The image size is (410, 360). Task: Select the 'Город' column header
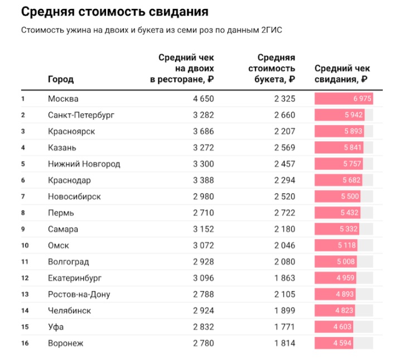[x=61, y=79]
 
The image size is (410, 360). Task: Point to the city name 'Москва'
[x=64, y=99]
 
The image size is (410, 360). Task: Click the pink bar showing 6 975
[x=344, y=99]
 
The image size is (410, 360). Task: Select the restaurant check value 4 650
[x=203, y=99]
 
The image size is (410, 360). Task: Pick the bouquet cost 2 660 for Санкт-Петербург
[x=284, y=115]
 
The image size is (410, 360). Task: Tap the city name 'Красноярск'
[x=71, y=131]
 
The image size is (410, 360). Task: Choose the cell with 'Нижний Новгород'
[x=84, y=164]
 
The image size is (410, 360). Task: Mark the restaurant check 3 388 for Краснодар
[x=203, y=180]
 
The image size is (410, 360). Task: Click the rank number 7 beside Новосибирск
[x=23, y=196]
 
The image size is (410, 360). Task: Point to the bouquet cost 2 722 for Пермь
[x=284, y=213]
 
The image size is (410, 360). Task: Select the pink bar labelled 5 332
[x=336, y=229]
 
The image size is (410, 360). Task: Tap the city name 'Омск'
[x=59, y=246]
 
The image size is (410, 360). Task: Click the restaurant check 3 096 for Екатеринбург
[x=203, y=278]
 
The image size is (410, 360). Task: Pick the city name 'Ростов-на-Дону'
[x=79, y=294]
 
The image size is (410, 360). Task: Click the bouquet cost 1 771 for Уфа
[x=284, y=327]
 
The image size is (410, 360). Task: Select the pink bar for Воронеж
[x=334, y=343]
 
